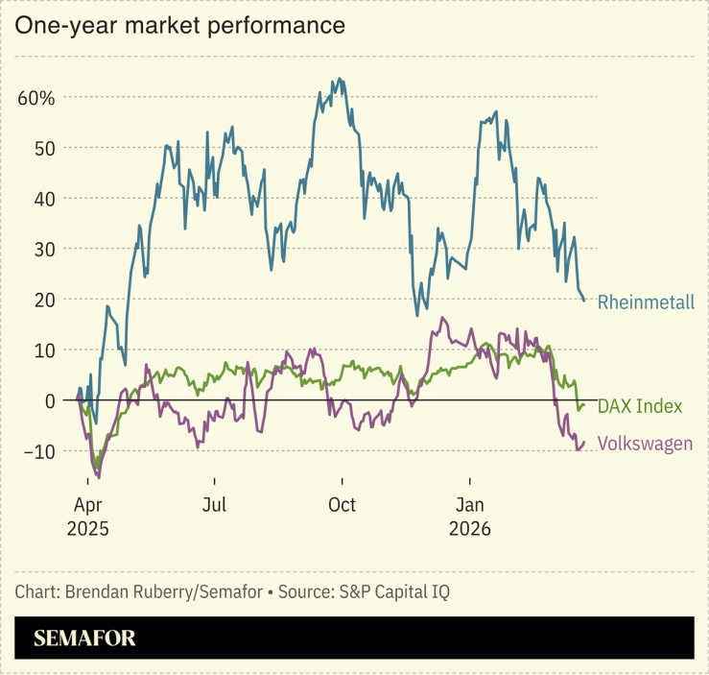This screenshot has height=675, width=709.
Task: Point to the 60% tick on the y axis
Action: click(36, 98)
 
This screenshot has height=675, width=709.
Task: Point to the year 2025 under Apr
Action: click(87, 529)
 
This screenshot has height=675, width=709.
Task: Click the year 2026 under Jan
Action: click(470, 529)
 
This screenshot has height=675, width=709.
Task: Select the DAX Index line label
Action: click(639, 407)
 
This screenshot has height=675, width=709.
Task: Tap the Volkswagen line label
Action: click(645, 444)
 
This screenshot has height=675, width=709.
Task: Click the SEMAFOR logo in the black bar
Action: click(84, 639)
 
